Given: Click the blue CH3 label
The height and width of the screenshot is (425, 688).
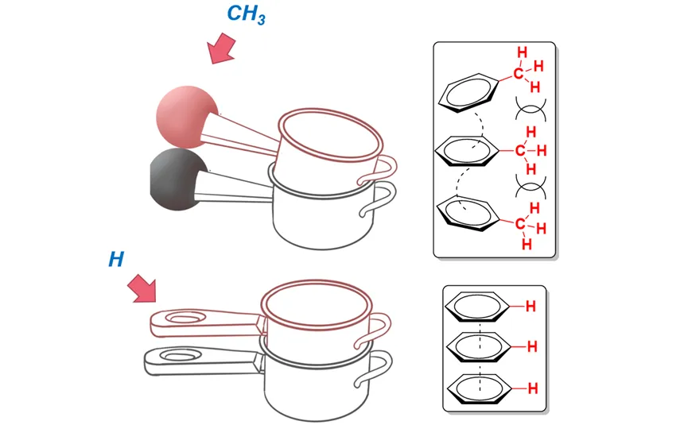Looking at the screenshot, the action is pyautogui.click(x=246, y=14).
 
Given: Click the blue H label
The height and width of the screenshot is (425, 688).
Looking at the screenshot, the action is pyautogui.click(x=116, y=260).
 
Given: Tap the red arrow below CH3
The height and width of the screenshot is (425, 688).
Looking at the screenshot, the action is pyautogui.click(x=222, y=48).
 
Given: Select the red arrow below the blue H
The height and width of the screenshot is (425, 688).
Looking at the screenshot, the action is pyautogui.click(x=142, y=288).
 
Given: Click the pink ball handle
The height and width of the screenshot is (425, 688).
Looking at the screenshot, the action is pyautogui.click(x=187, y=117).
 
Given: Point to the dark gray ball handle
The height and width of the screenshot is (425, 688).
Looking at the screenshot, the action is pyautogui.click(x=179, y=180).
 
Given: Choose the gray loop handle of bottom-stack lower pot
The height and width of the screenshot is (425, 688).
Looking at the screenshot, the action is pyautogui.click(x=375, y=370).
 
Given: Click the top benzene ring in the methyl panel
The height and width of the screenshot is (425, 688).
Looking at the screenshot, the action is pyautogui.click(x=468, y=93).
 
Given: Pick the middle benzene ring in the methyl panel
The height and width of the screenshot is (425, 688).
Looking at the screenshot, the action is pyautogui.click(x=467, y=151).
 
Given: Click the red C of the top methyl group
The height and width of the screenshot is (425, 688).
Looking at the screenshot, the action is pyautogui.click(x=519, y=73).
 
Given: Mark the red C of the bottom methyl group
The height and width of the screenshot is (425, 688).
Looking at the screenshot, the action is pyautogui.click(x=520, y=224).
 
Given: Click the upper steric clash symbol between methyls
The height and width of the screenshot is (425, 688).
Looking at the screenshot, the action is pyautogui.click(x=531, y=109).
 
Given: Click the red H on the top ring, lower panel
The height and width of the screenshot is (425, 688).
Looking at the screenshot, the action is pyautogui.click(x=531, y=307).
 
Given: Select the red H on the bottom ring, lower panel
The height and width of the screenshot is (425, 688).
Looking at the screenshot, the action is pyautogui.click(x=533, y=388).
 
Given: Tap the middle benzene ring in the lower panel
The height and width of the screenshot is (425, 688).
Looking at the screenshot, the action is pyautogui.click(x=478, y=347).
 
